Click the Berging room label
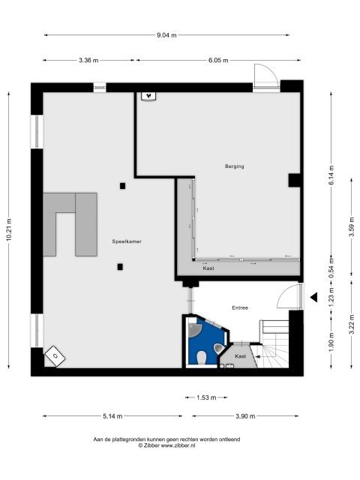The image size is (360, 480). tap(235, 166)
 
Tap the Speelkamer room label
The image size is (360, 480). tap(127, 241)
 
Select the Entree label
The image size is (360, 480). tap(240, 307)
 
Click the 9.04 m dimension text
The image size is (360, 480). tap(166, 35)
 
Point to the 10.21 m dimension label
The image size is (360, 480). tap(9, 229)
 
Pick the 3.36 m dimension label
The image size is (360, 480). tap(88, 60)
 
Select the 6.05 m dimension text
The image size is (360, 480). tap(218, 60)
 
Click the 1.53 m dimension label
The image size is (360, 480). tap(206, 397)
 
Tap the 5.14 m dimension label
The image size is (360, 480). tap(112, 416)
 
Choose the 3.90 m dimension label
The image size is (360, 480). tap(245, 416)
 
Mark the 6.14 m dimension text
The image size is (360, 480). tap(331, 175)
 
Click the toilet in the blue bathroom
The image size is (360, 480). tap(202, 358)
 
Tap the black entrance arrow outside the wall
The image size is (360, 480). tap(313, 297)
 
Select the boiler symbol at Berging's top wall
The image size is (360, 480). tap(149, 96)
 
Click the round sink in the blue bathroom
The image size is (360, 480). tap(194, 330)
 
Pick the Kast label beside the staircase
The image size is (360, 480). tap(240, 356)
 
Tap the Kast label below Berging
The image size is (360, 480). tap(208, 268)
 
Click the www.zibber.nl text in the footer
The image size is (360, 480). tap(178, 445)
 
